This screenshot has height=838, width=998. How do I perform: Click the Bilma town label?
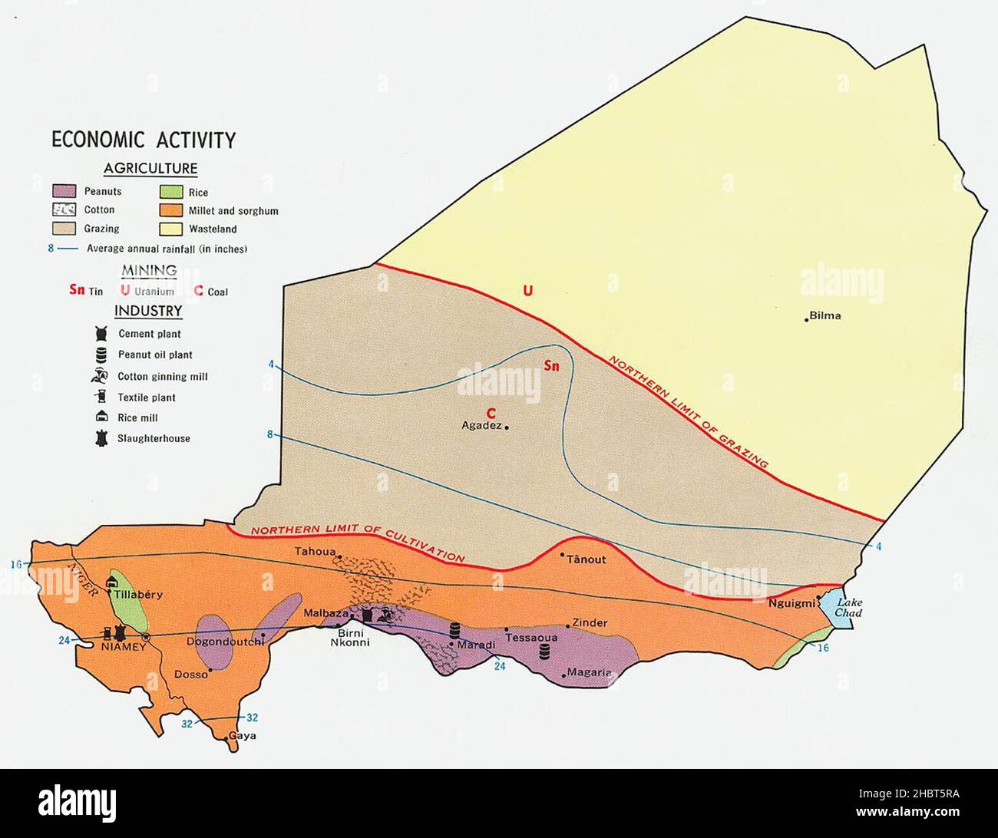[826, 315]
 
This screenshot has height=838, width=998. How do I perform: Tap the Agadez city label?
[481, 426]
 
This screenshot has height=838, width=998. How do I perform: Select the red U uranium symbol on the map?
[527, 291]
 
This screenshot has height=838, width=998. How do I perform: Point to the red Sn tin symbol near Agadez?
[551, 366]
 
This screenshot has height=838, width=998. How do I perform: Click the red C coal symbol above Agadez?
[490, 412]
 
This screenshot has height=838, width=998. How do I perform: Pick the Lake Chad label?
[849, 608]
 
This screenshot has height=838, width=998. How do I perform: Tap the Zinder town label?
[590, 623]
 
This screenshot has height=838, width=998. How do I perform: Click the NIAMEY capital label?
[123, 647]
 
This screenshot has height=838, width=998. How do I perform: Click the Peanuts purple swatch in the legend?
[64, 191]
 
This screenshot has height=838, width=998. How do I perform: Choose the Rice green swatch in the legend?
[170, 192]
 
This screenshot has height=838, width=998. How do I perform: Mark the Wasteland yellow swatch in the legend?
[170, 229]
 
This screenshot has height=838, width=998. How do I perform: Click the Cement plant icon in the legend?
[99, 334]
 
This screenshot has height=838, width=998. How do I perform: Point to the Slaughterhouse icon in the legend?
[99, 439]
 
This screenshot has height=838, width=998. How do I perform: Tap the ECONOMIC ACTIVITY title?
[144, 140]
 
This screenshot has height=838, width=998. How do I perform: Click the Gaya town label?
[243, 735]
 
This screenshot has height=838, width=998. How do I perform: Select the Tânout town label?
[586, 559]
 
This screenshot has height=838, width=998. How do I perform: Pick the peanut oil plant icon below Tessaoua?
[545, 652]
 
